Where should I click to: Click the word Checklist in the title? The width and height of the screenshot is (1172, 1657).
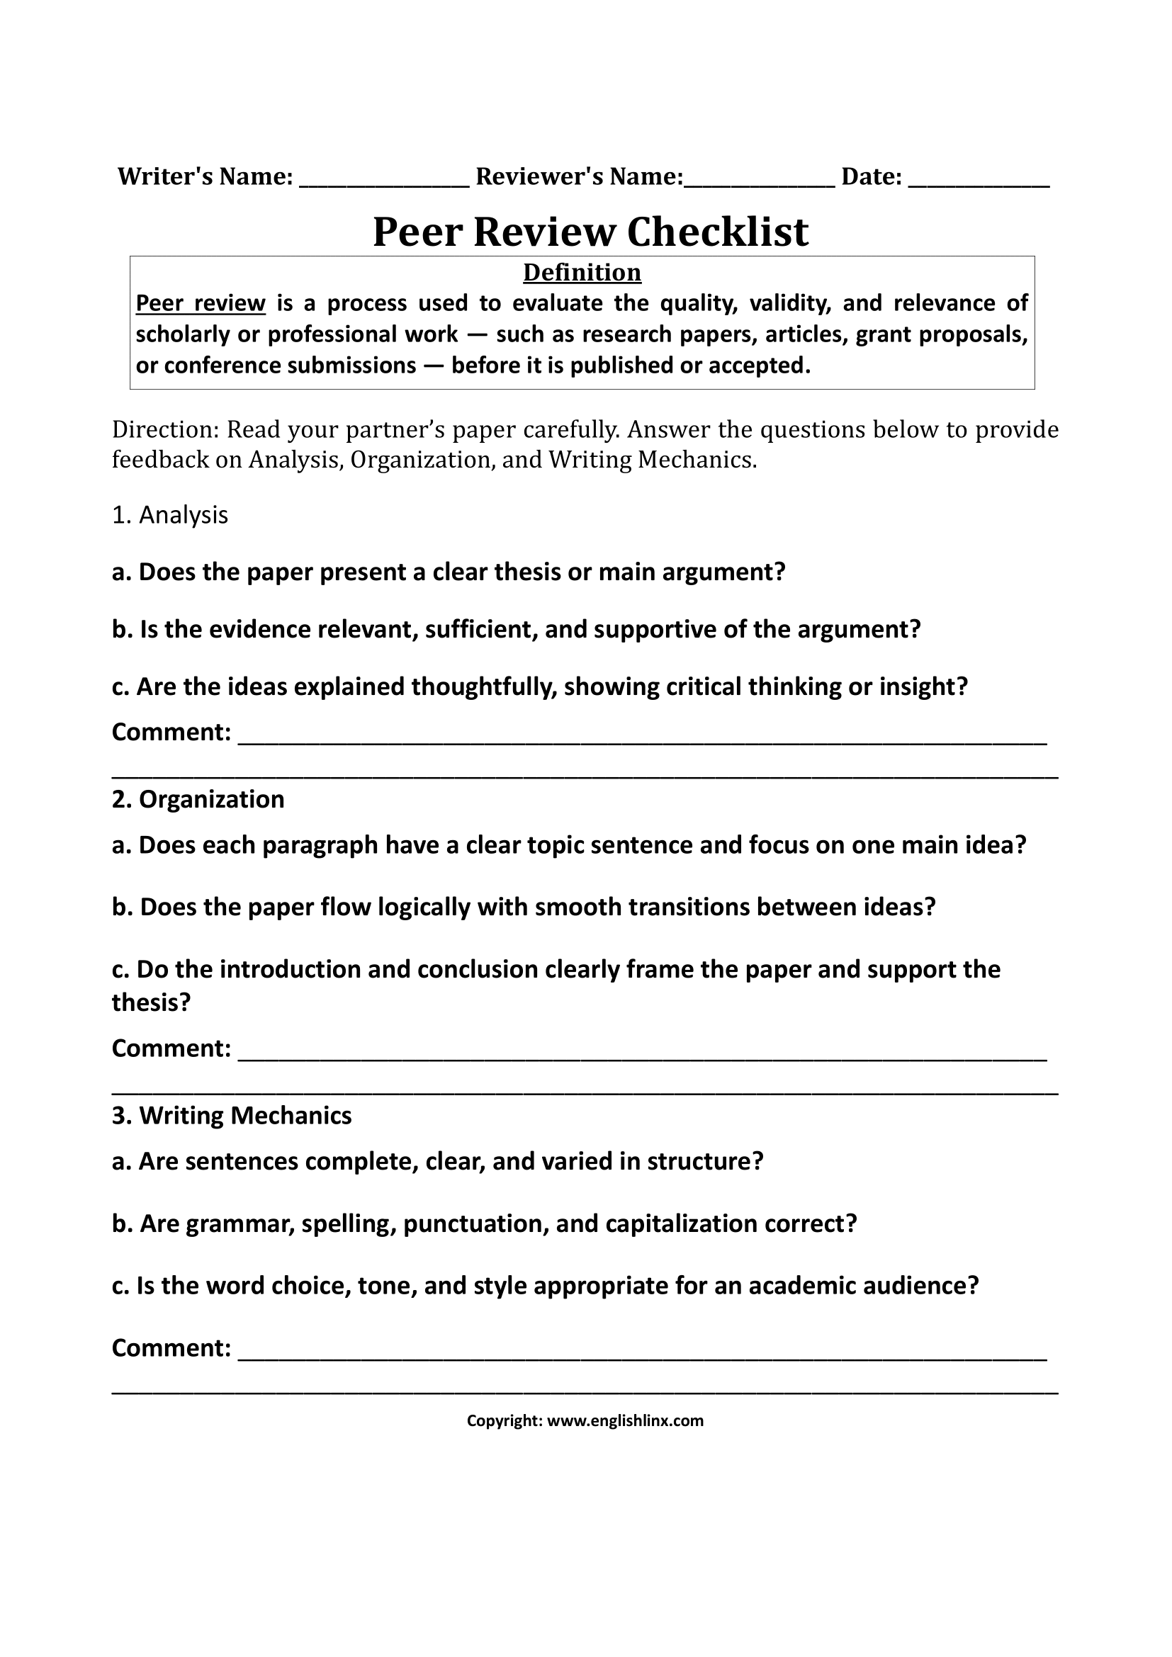[717, 232]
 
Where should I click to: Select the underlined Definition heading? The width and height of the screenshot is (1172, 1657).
[582, 273]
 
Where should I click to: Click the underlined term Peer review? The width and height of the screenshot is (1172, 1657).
[201, 303]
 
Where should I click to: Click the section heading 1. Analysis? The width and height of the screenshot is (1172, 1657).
[170, 515]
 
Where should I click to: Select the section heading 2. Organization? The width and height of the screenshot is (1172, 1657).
[198, 800]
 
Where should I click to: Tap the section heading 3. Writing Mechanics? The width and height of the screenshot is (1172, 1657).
[232, 1116]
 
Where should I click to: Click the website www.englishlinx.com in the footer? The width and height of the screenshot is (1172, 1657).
[625, 1421]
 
